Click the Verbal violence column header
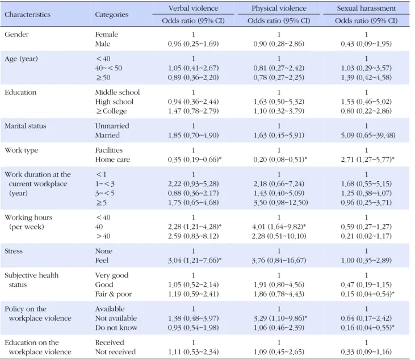(x=193, y=9)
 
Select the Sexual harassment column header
(x=366, y=9)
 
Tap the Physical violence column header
(x=279, y=9)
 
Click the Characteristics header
(x=27, y=15)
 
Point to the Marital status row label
(x=26, y=125)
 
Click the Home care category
(x=112, y=160)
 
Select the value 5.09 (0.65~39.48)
(x=368, y=135)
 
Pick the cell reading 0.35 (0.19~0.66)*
(x=195, y=160)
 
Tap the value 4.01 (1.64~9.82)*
(x=279, y=227)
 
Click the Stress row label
(x=14, y=251)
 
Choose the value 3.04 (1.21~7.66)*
(x=195, y=261)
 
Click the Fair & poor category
(x=114, y=294)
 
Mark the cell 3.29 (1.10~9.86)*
(x=280, y=318)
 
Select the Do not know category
(x=116, y=328)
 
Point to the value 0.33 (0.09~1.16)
(x=366, y=352)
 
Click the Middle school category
(x=118, y=92)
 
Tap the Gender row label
(x=16, y=35)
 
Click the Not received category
(x=115, y=352)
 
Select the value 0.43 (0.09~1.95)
(x=366, y=44)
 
